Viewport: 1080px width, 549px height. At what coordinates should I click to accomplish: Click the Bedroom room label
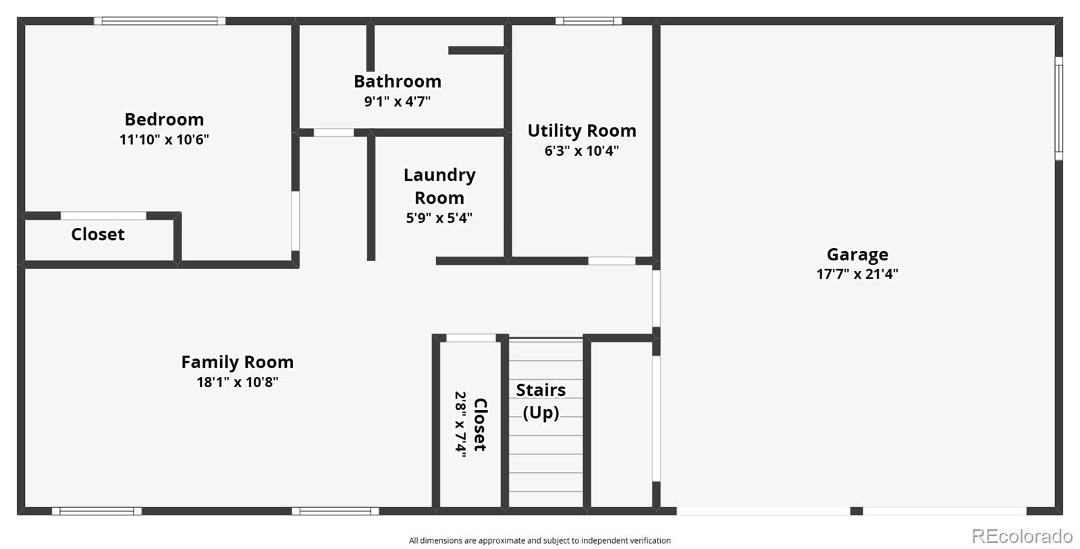[x=164, y=119]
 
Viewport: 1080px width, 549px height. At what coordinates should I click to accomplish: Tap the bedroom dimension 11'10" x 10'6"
[x=164, y=140]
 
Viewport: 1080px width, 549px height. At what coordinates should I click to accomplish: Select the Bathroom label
[x=397, y=82]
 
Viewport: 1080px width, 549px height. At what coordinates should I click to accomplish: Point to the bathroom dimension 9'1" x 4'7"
[x=397, y=102]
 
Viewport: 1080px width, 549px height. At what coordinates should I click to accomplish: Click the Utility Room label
[x=581, y=131]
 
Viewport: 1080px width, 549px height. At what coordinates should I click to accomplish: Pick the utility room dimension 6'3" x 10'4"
[x=581, y=151]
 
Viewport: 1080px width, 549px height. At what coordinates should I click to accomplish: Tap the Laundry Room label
[x=439, y=186]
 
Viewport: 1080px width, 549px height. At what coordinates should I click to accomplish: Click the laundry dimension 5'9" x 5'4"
[x=439, y=218]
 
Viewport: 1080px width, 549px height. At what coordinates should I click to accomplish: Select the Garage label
[x=857, y=255]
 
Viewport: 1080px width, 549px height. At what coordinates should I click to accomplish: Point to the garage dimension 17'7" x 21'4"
[x=857, y=274]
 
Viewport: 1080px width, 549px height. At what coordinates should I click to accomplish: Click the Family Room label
[x=237, y=362]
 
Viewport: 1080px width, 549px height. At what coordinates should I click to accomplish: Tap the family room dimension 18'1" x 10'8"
[x=237, y=382]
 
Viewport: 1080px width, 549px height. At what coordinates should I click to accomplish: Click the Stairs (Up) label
[x=541, y=401]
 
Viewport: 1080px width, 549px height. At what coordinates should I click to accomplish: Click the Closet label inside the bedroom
[x=98, y=235]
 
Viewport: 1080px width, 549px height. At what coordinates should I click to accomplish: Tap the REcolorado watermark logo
[x=1021, y=536]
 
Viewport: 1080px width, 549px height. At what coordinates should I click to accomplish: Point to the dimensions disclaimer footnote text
[x=539, y=540]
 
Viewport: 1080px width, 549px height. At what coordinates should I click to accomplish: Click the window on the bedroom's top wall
[x=159, y=21]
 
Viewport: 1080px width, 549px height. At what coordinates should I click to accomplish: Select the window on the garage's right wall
[x=1058, y=108]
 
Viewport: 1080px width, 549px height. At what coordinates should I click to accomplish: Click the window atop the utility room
[x=588, y=21]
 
